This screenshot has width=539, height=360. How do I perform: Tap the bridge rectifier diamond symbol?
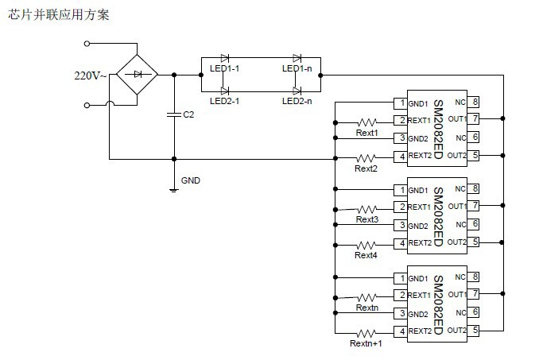138,74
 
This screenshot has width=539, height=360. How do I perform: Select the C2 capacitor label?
188,114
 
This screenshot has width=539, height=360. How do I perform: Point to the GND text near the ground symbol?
191,180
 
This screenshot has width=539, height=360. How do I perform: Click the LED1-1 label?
225,68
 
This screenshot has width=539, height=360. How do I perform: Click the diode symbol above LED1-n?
297,58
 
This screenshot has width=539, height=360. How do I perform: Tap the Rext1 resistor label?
366,134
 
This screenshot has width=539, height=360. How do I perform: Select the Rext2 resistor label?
366,168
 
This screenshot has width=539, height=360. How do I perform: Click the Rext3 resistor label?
366,219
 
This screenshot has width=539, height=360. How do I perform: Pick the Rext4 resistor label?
366,255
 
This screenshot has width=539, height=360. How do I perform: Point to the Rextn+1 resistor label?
366,343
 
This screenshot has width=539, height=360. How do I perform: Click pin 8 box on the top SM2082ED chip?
475,103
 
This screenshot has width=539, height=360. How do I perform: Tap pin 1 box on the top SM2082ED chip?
401,103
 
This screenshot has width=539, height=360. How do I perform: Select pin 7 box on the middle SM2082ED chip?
475,207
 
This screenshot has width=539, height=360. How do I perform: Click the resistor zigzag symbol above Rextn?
366,295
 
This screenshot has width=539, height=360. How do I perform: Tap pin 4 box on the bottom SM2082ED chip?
401,331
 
